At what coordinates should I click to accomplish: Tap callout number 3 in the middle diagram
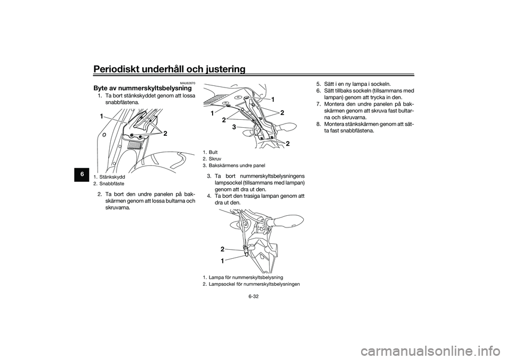pos(233,127)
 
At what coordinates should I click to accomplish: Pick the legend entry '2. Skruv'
pos(212,159)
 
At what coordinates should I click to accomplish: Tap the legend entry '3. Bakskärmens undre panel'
pos(233,165)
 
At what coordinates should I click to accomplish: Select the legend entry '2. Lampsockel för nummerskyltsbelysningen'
pos(251,284)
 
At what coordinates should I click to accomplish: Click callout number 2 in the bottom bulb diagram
pos(223,248)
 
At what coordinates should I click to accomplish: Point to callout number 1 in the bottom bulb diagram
pos(223,260)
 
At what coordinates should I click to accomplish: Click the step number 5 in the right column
pos(319,84)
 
